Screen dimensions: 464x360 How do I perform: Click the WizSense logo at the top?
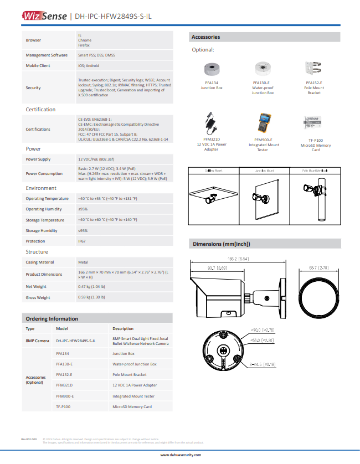[44, 16]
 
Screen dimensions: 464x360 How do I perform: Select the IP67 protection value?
[81, 241]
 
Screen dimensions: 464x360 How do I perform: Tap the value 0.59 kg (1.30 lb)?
[91, 297]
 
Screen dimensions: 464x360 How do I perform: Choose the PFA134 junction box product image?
[212, 69]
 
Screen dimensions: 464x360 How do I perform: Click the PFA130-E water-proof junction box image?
[263, 69]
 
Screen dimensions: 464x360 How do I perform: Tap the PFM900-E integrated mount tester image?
[263, 123]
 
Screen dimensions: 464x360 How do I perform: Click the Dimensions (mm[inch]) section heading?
[222, 244]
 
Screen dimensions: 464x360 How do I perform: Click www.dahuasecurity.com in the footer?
[181, 455]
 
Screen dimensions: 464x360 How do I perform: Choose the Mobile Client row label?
[38, 65]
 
